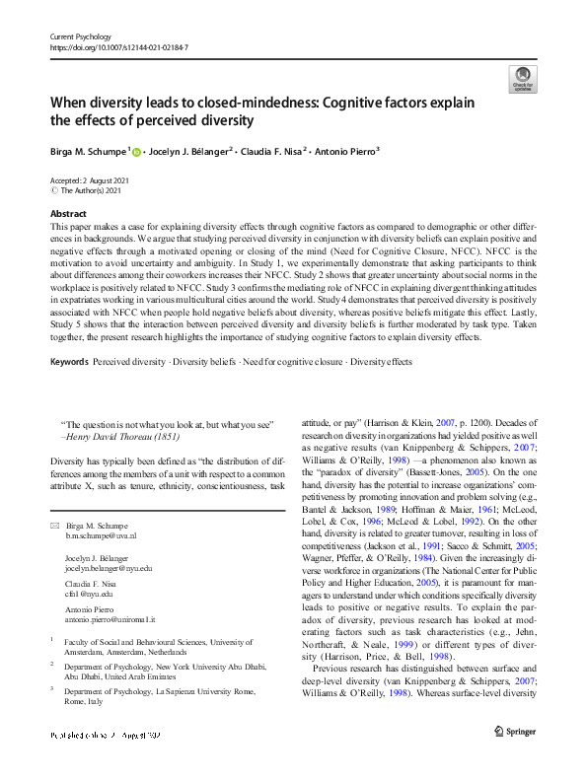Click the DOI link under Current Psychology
click(118, 46)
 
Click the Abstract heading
click(68, 212)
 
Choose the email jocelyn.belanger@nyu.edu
click(110, 568)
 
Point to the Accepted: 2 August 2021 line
click(92, 180)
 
